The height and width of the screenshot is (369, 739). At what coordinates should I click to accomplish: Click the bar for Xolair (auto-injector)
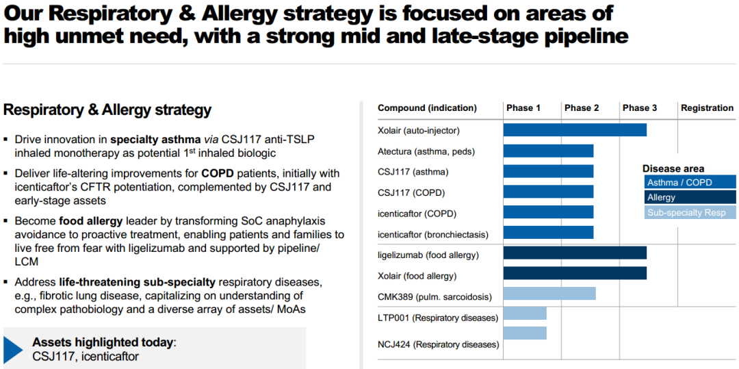point(575,130)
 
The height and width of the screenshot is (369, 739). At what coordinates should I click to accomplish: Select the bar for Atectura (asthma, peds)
point(548,151)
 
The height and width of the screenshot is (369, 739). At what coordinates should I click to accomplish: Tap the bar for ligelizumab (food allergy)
point(575,253)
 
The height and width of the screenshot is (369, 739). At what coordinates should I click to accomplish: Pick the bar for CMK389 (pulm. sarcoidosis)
point(549,294)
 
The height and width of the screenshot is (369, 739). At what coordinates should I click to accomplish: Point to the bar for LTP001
point(525,314)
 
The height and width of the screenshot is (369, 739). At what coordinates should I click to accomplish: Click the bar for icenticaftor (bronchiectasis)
point(548,233)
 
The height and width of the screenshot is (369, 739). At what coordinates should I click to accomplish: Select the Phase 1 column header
point(523,108)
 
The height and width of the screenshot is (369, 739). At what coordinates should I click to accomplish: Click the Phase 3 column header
point(640,108)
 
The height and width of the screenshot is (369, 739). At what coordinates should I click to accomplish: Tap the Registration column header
point(707,108)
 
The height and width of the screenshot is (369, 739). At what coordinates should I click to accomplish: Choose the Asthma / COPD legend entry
point(690,183)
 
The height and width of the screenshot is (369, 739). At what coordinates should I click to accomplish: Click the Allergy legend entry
point(690,198)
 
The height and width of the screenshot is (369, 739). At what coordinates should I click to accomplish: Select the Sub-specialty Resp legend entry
point(690,213)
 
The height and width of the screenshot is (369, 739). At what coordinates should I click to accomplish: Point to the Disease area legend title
point(673,168)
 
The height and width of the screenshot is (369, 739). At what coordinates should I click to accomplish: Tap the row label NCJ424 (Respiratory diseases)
point(438,344)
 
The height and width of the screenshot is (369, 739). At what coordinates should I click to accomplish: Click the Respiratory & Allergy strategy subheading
point(107,110)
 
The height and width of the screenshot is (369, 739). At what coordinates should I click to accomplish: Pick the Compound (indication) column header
point(427,108)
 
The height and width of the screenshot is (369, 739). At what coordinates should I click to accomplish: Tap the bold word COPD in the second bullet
point(216,173)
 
